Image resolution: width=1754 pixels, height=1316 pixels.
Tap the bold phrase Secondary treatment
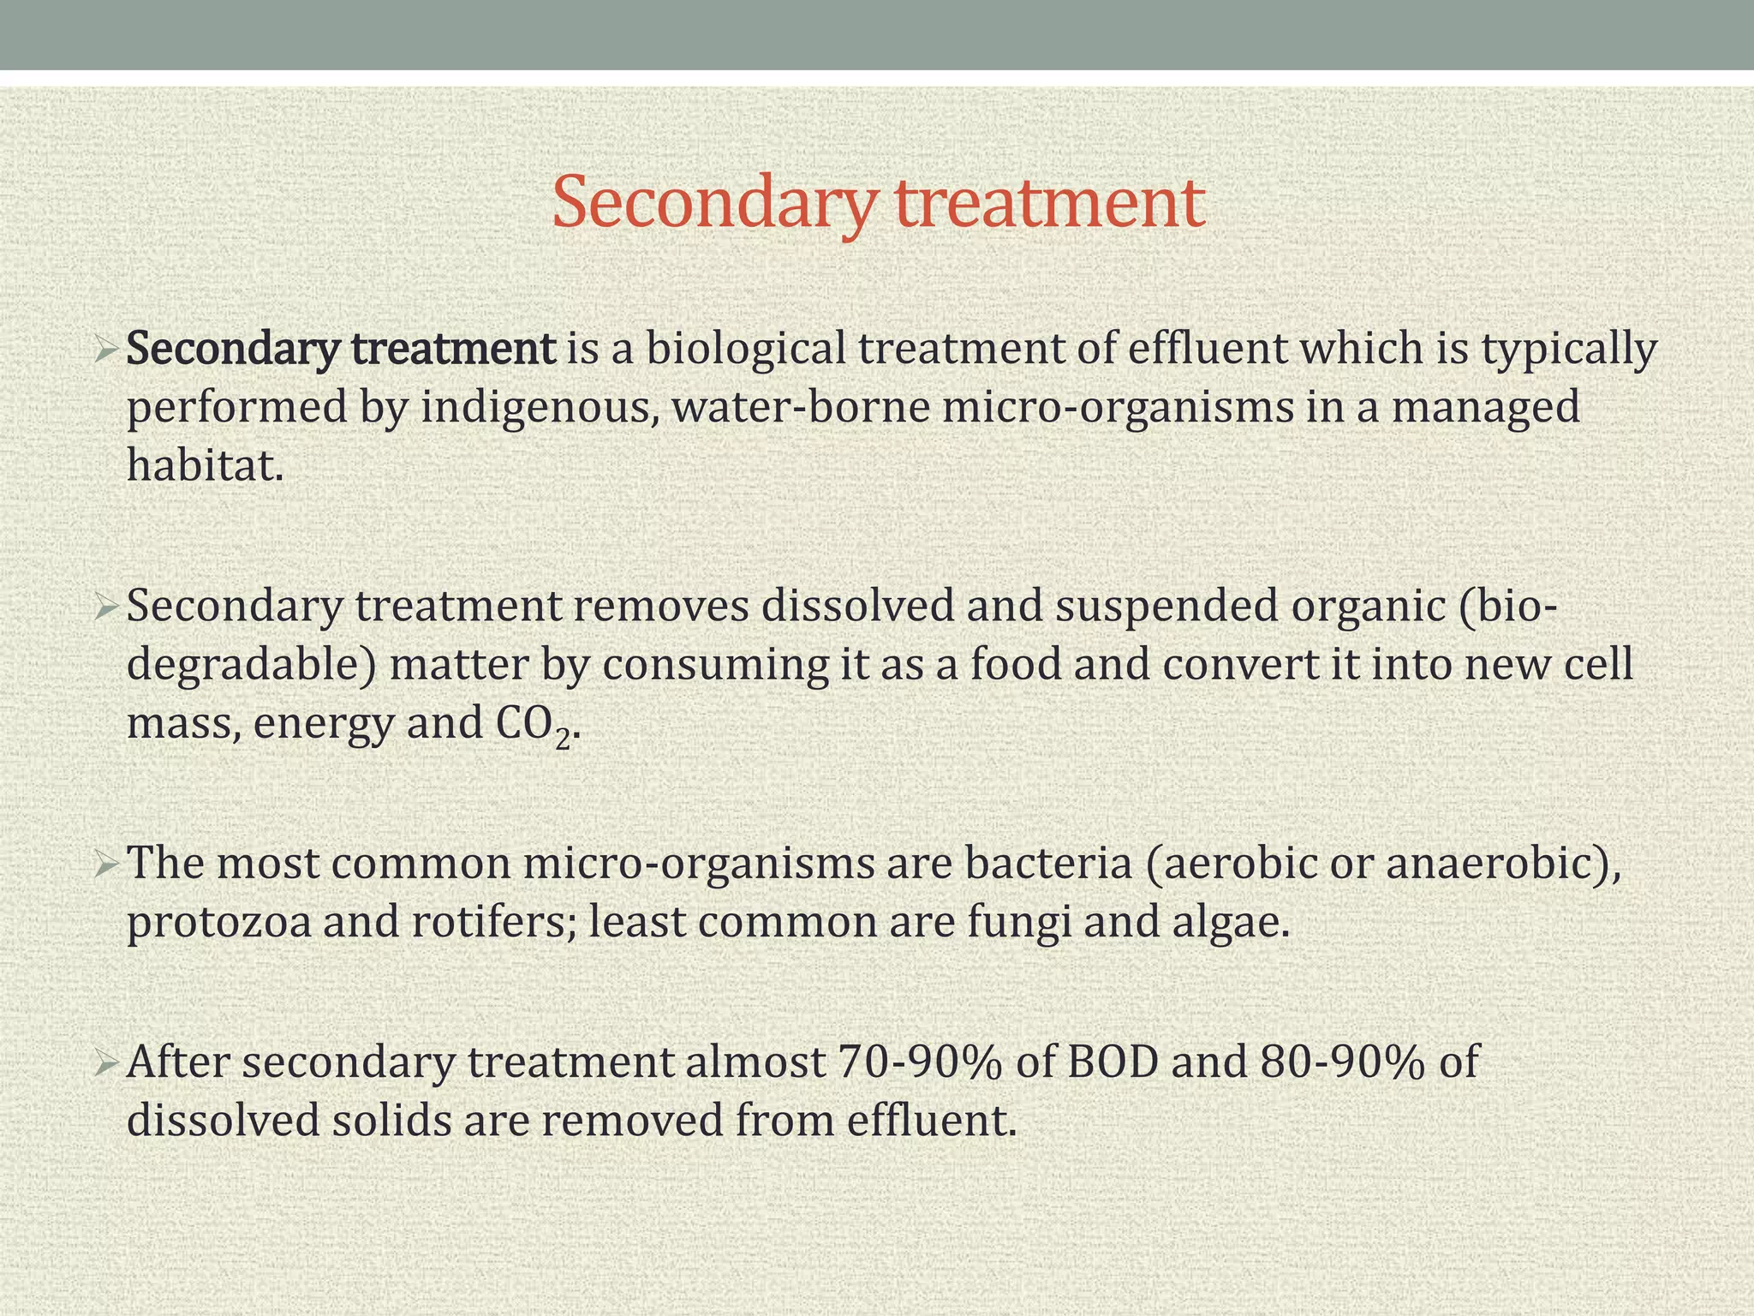pos(341,350)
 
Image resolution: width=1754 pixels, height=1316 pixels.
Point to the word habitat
pos(204,465)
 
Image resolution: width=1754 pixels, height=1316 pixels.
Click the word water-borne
pos(801,407)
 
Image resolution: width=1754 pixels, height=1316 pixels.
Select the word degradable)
pos(251,666)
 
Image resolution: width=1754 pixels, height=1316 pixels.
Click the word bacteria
pos(1048,864)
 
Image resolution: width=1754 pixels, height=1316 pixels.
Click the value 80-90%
pos(1343,1062)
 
